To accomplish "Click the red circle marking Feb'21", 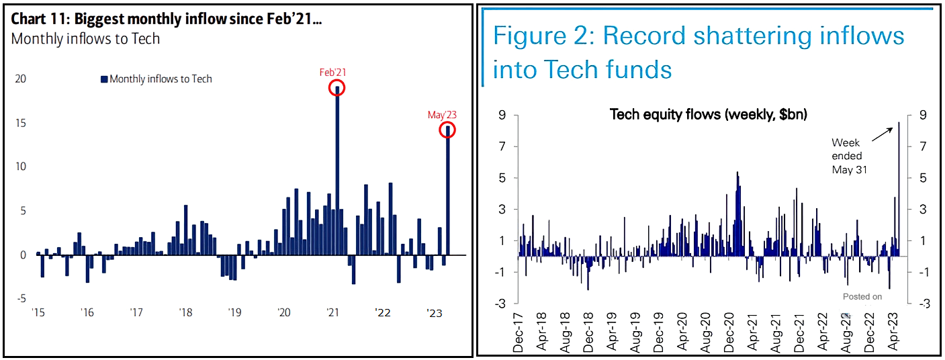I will tap(337, 87).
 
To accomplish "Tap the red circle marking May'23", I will tap(447, 130).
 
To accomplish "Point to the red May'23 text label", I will tap(442, 115).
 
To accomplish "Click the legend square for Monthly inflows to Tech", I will tap(104, 79).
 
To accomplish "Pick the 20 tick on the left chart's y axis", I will tap(21, 79).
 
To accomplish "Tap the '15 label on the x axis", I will tap(38, 312).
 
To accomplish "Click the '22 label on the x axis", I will tap(383, 312).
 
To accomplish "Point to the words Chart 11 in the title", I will tap(37, 19).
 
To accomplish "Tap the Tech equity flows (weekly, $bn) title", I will tap(708, 114).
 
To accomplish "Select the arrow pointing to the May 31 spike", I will tap(883, 132).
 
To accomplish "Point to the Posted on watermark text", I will tap(862, 296).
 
